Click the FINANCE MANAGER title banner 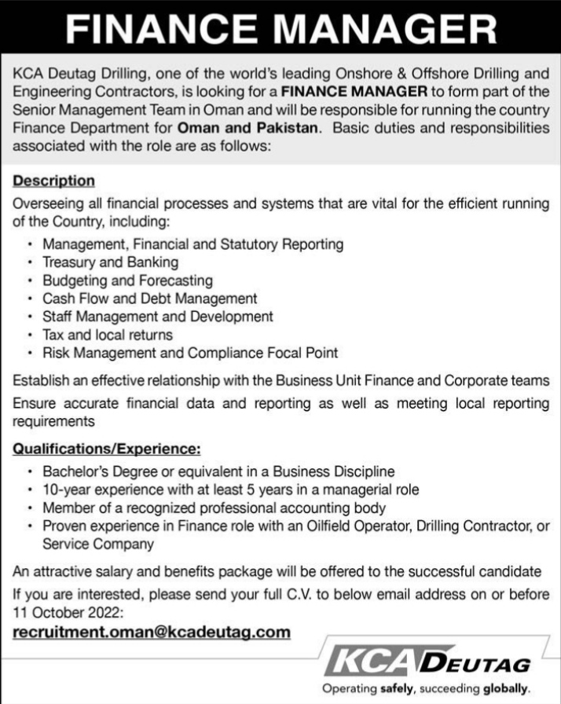280,31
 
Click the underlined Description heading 54,181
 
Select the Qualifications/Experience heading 107,449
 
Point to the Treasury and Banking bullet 111,262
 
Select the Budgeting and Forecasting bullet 128,280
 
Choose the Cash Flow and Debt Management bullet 150,299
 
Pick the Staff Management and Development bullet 158,317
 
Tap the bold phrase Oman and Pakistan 247,128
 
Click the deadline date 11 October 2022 67,611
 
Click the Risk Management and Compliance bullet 190,353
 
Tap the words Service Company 97,543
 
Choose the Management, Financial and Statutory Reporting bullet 193,244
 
